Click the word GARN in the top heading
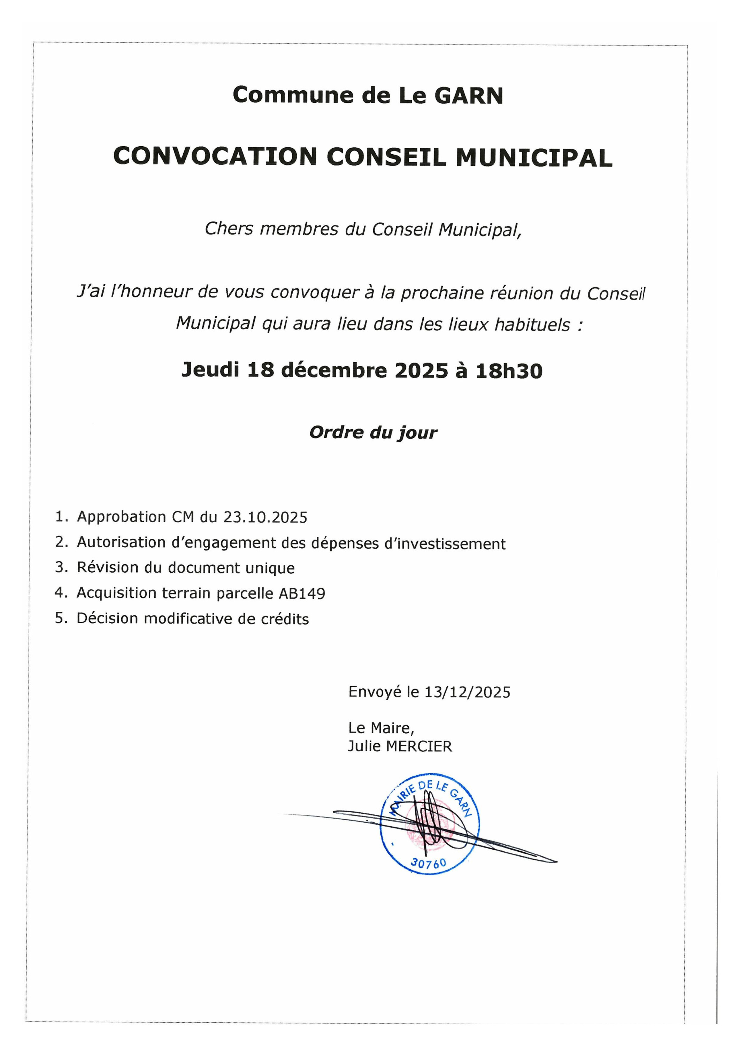tap(469, 95)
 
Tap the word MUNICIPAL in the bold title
tap(534, 157)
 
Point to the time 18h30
tap(509, 371)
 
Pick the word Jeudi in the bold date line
tap(210, 370)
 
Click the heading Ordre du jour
tap(374, 432)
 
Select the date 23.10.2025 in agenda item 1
tap(265, 518)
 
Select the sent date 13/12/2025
tap(467, 692)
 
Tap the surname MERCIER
tap(419, 747)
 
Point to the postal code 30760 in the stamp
tap(428, 863)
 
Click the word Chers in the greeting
tap(229, 229)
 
